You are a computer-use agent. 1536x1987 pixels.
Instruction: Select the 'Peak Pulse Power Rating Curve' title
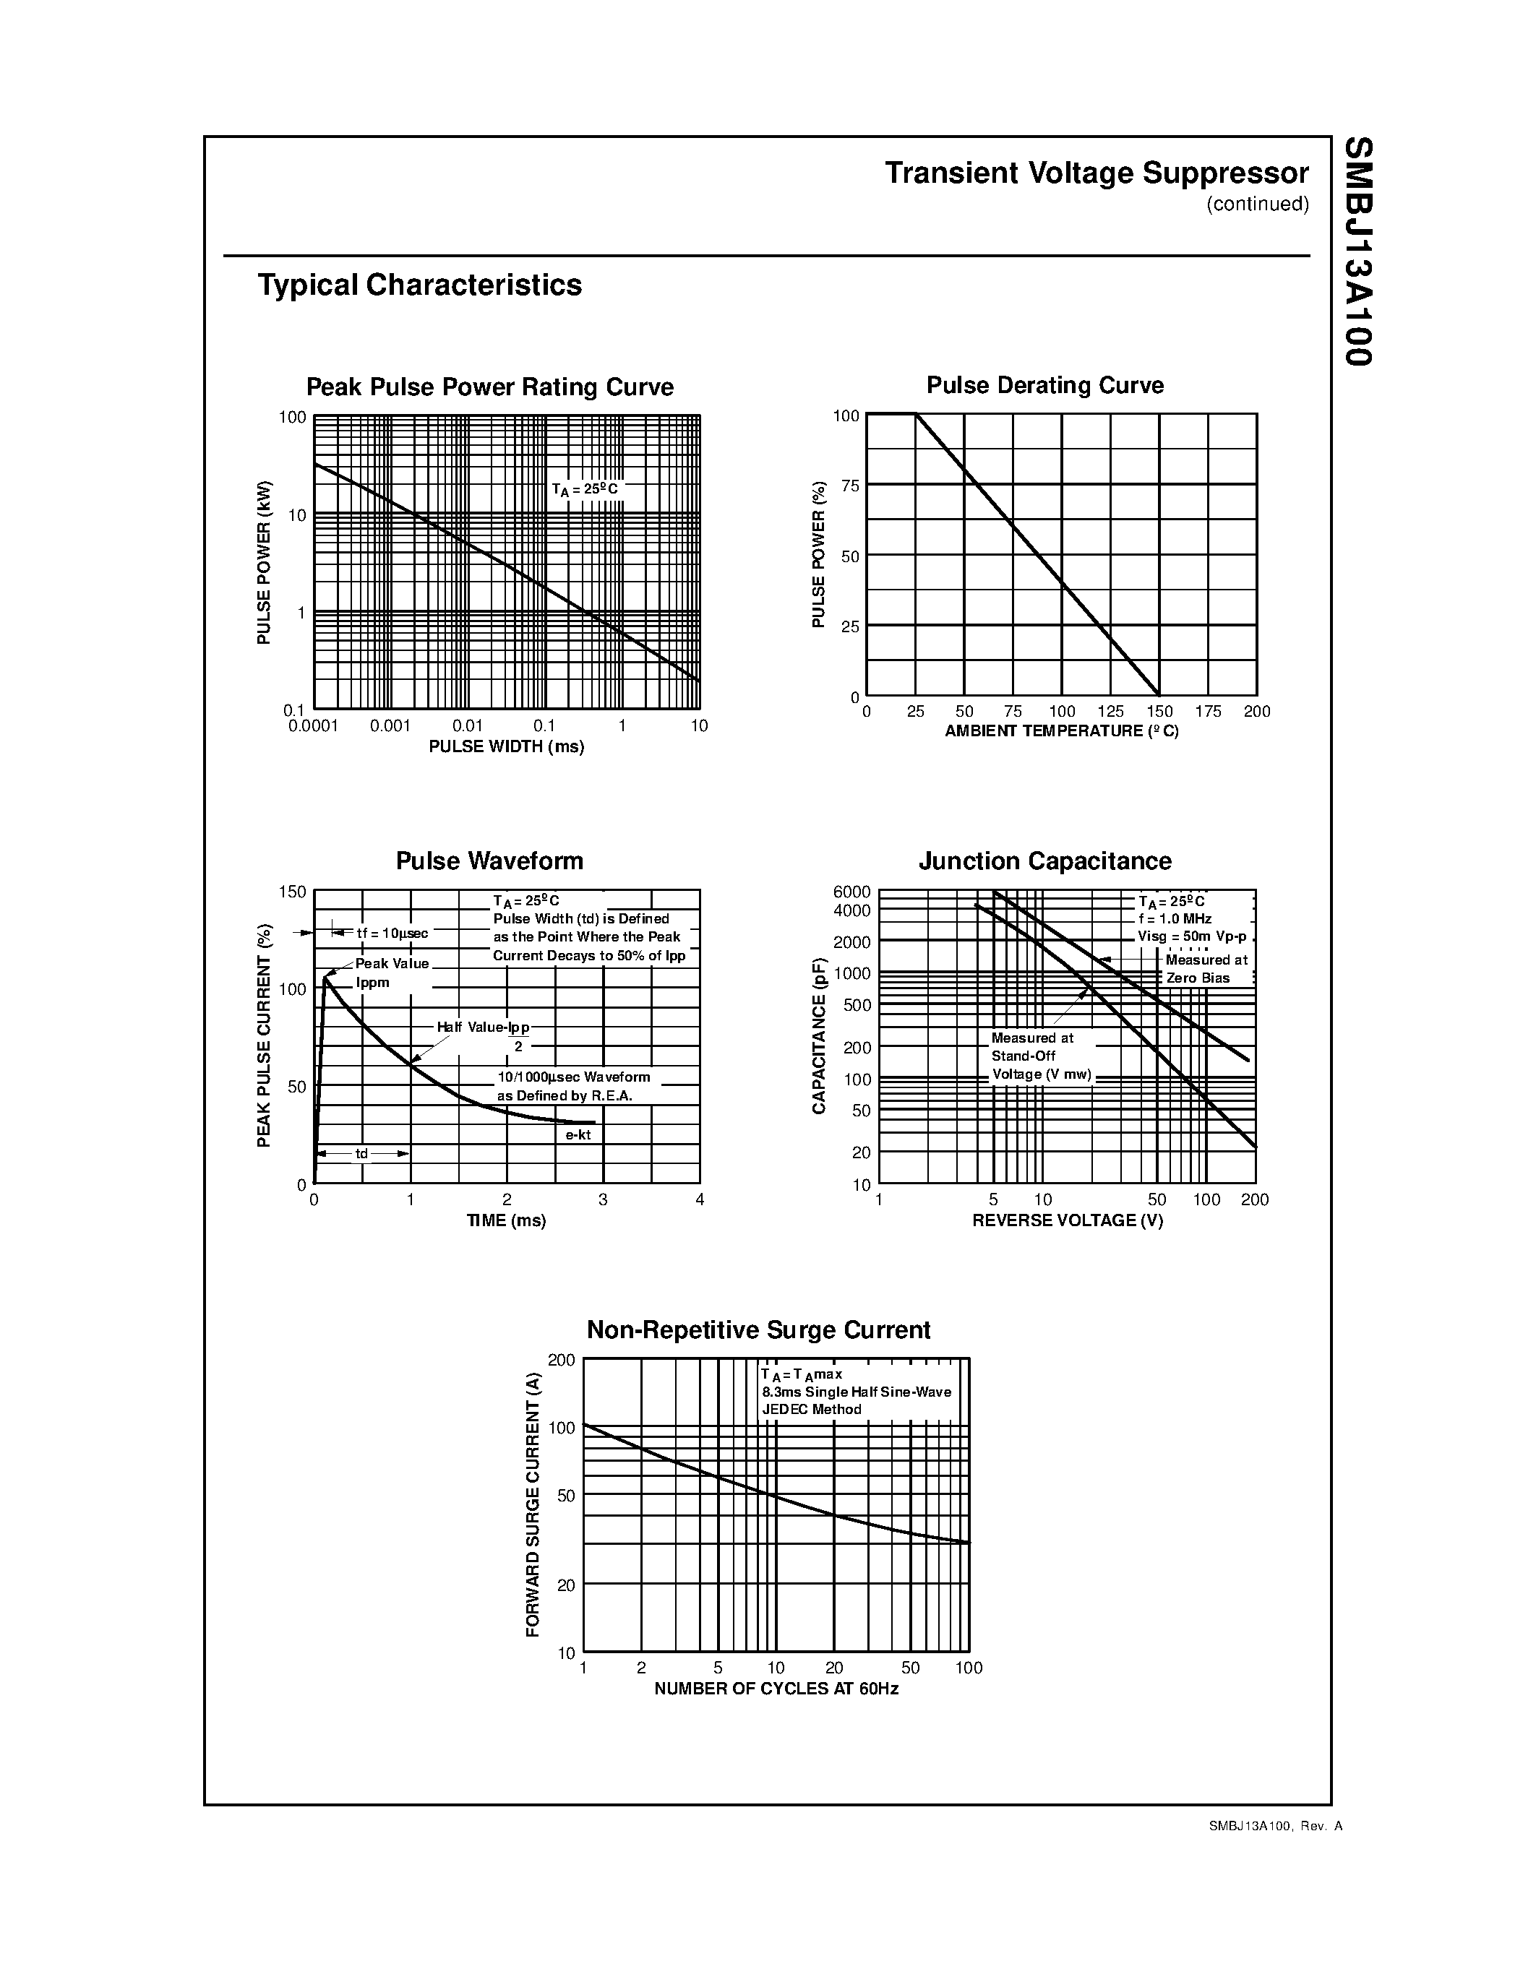coord(489,387)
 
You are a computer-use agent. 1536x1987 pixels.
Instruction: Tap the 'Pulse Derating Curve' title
coord(1044,386)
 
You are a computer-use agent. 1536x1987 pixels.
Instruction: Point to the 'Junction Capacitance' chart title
coord(1044,861)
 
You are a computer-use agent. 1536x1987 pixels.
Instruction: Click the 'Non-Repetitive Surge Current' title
coord(758,1330)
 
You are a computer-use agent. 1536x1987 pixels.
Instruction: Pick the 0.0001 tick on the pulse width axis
coord(313,726)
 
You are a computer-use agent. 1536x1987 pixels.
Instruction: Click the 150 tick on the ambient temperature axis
coord(1159,712)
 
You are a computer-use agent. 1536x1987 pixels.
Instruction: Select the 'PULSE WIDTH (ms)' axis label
coord(506,747)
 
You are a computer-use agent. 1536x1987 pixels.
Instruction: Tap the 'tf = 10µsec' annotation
coord(391,934)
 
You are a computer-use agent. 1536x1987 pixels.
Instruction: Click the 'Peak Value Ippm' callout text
coord(391,973)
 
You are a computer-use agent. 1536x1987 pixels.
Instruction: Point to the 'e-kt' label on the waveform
coord(578,1134)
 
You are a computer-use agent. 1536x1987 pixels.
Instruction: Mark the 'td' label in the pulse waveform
coord(361,1154)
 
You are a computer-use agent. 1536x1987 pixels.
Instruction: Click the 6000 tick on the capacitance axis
coord(851,892)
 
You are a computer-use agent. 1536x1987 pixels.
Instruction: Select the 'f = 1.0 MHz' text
coord(1175,919)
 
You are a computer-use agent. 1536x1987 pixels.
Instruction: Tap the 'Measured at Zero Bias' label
coord(1206,969)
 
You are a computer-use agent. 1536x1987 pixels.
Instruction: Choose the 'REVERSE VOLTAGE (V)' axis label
coord(1068,1221)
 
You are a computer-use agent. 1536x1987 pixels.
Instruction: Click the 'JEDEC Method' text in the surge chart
coord(812,1409)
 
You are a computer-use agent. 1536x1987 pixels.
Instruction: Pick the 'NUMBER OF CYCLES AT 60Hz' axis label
coord(776,1689)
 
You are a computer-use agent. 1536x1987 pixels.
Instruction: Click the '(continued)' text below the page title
coord(1258,204)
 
